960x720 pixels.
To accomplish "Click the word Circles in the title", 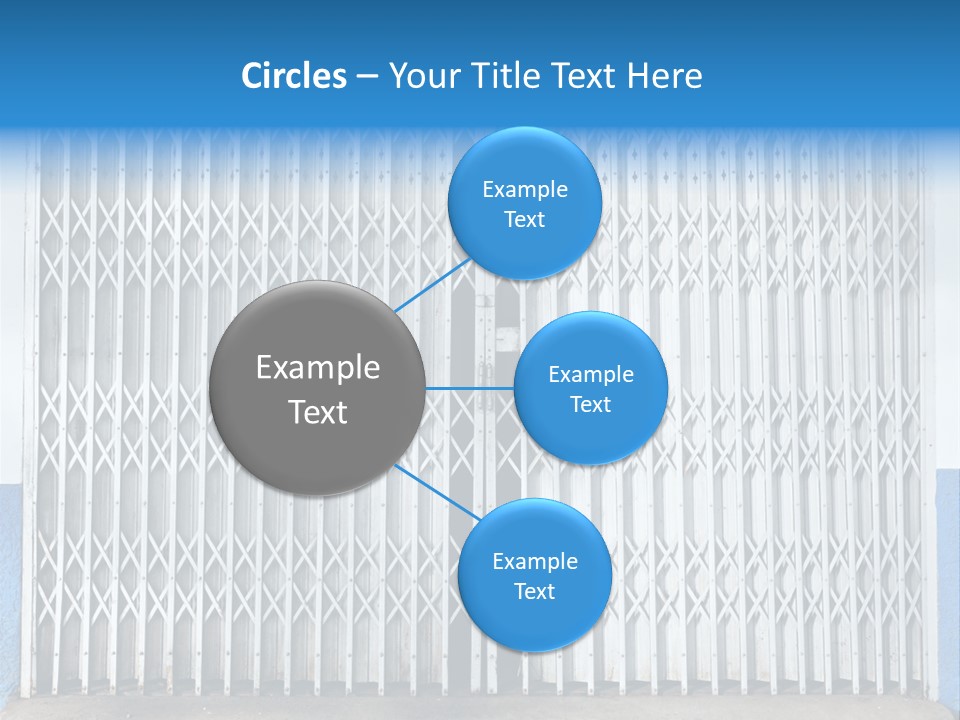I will point(294,76).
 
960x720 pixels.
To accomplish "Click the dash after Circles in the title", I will point(367,77).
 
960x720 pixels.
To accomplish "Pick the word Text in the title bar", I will point(586,76).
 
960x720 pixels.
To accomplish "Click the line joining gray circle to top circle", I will point(432,285).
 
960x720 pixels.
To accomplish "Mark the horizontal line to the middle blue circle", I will point(470,388).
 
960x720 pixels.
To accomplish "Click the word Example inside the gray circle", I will point(318,368).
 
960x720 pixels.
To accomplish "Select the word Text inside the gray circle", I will point(318,412).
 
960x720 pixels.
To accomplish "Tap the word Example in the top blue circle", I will point(525,190).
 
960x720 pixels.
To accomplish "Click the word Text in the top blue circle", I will point(525,220).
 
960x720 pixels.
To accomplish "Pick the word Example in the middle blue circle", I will point(591,375).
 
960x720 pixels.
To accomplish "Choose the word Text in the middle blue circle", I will point(591,405).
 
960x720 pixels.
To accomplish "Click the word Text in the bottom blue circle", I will point(534,592).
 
